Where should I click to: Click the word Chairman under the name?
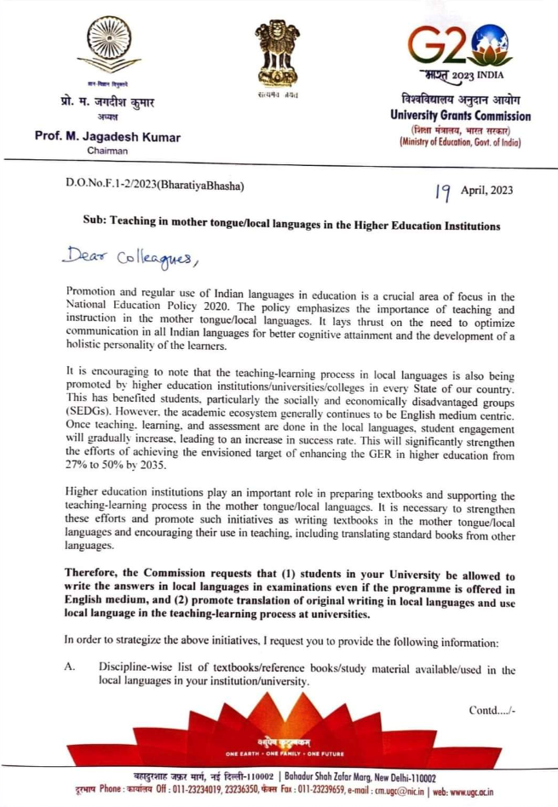pyautogui.click(x=106, y=152)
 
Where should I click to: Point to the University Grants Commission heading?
pyautogui.click(x=459, y=116)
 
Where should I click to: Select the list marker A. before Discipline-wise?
pyautogui.click(x=71, y=669)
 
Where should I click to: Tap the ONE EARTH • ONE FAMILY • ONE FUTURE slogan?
pyautogui.click(x=280, y=753)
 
